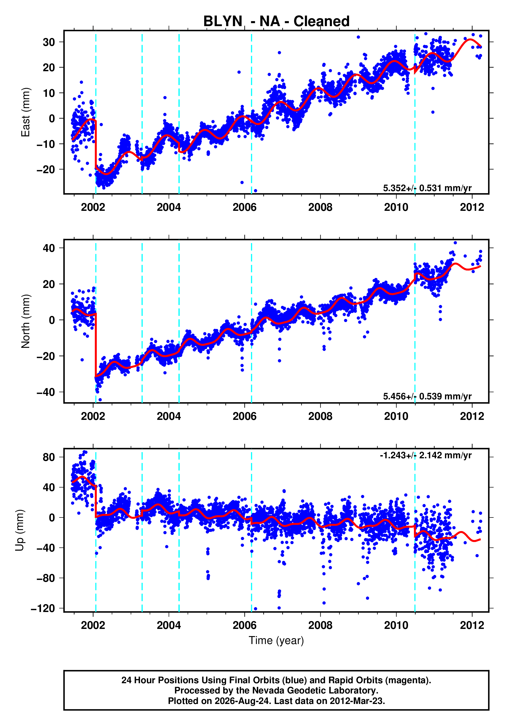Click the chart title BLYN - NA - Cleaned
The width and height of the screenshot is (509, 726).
pos(276,21)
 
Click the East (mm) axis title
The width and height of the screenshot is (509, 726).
pos(25,112)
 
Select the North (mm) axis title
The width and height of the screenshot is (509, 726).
pos(25,321)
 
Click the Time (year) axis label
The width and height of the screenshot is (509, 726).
pos(276,640)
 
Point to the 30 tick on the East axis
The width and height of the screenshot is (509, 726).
pos(49,42)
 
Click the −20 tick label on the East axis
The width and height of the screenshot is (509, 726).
pos(46,170)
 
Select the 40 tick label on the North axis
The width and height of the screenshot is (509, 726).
pos(49,248)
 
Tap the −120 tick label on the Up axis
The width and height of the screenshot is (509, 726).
pos(43,608)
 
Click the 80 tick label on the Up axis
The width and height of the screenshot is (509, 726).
pos(49,457)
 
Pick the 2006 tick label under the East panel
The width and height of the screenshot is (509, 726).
pos(245,208)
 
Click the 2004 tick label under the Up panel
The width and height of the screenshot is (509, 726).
pos(169,625)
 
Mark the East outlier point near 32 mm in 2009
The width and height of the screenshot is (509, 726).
pos(358,37)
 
